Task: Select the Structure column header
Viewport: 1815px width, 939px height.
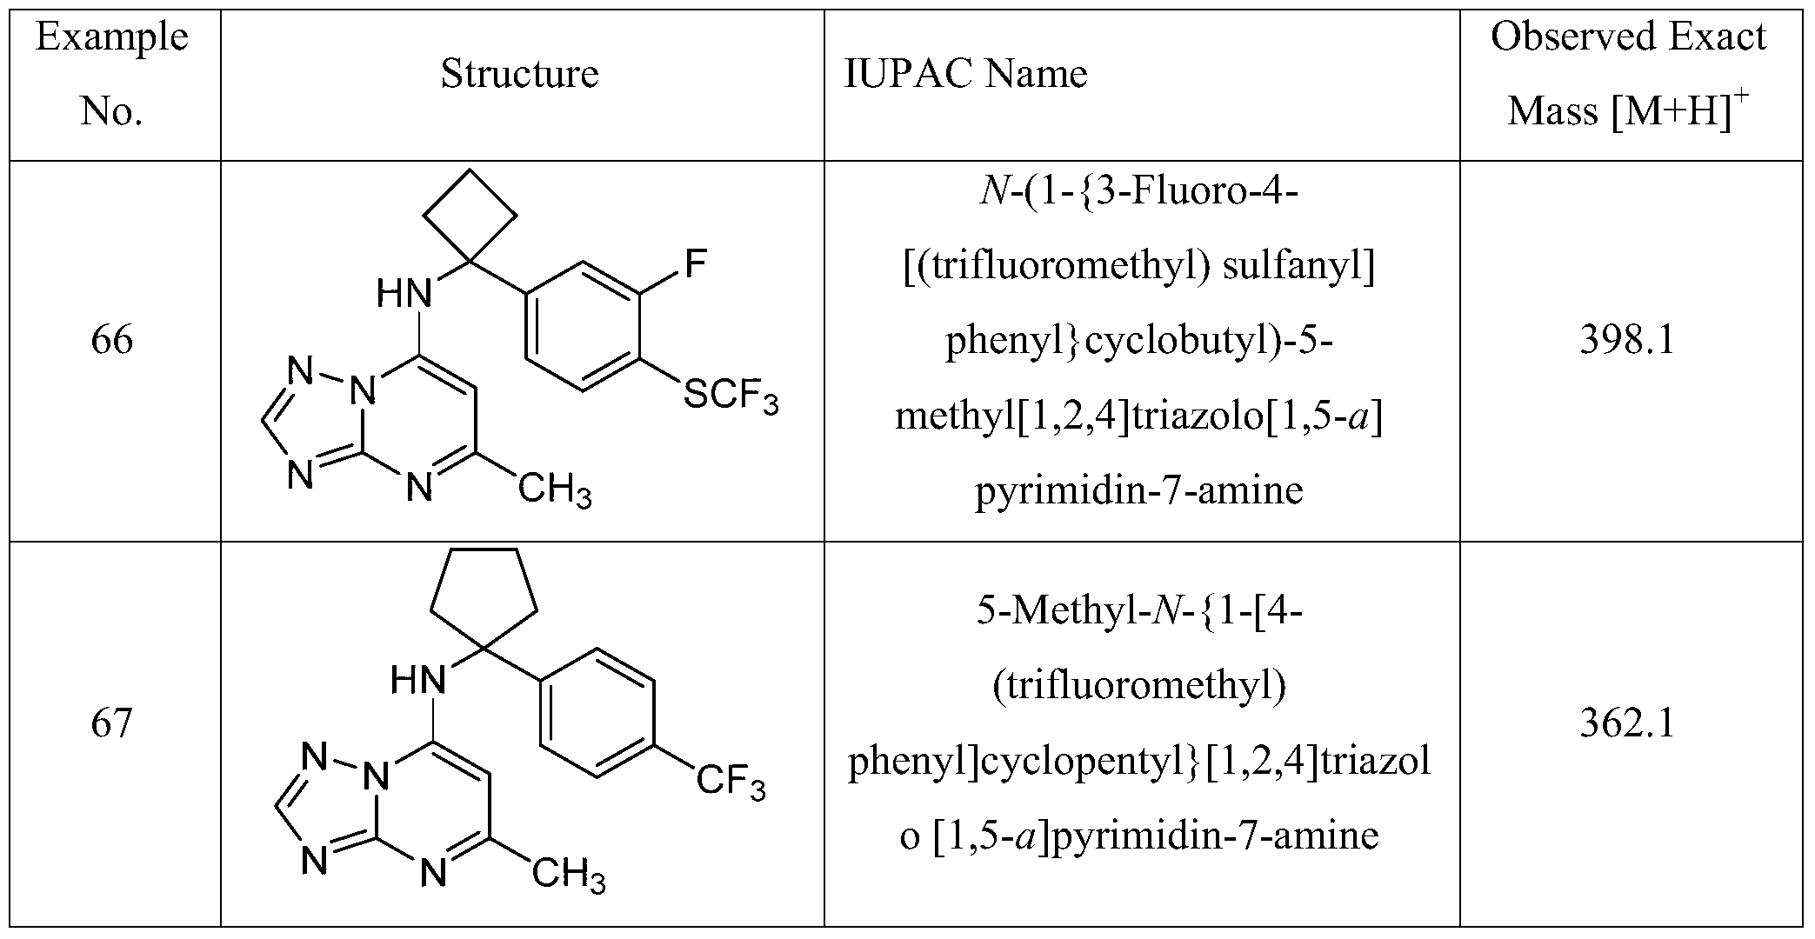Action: (x=519, y=74)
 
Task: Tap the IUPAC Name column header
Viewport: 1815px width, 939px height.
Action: (x=965, y=74)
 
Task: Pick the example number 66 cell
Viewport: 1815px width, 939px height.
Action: (x=112, y=340)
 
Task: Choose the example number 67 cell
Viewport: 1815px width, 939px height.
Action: (x=112, y=723)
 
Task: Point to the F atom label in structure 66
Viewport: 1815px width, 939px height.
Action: (x=695, y=263)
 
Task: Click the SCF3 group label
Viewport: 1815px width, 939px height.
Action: (x=731, y=401)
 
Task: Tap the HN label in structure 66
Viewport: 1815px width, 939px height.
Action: (x=404, y=296)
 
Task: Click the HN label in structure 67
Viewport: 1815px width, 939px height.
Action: (x=418, y=679)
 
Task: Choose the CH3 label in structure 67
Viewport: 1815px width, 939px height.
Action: (x=569, y=874)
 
